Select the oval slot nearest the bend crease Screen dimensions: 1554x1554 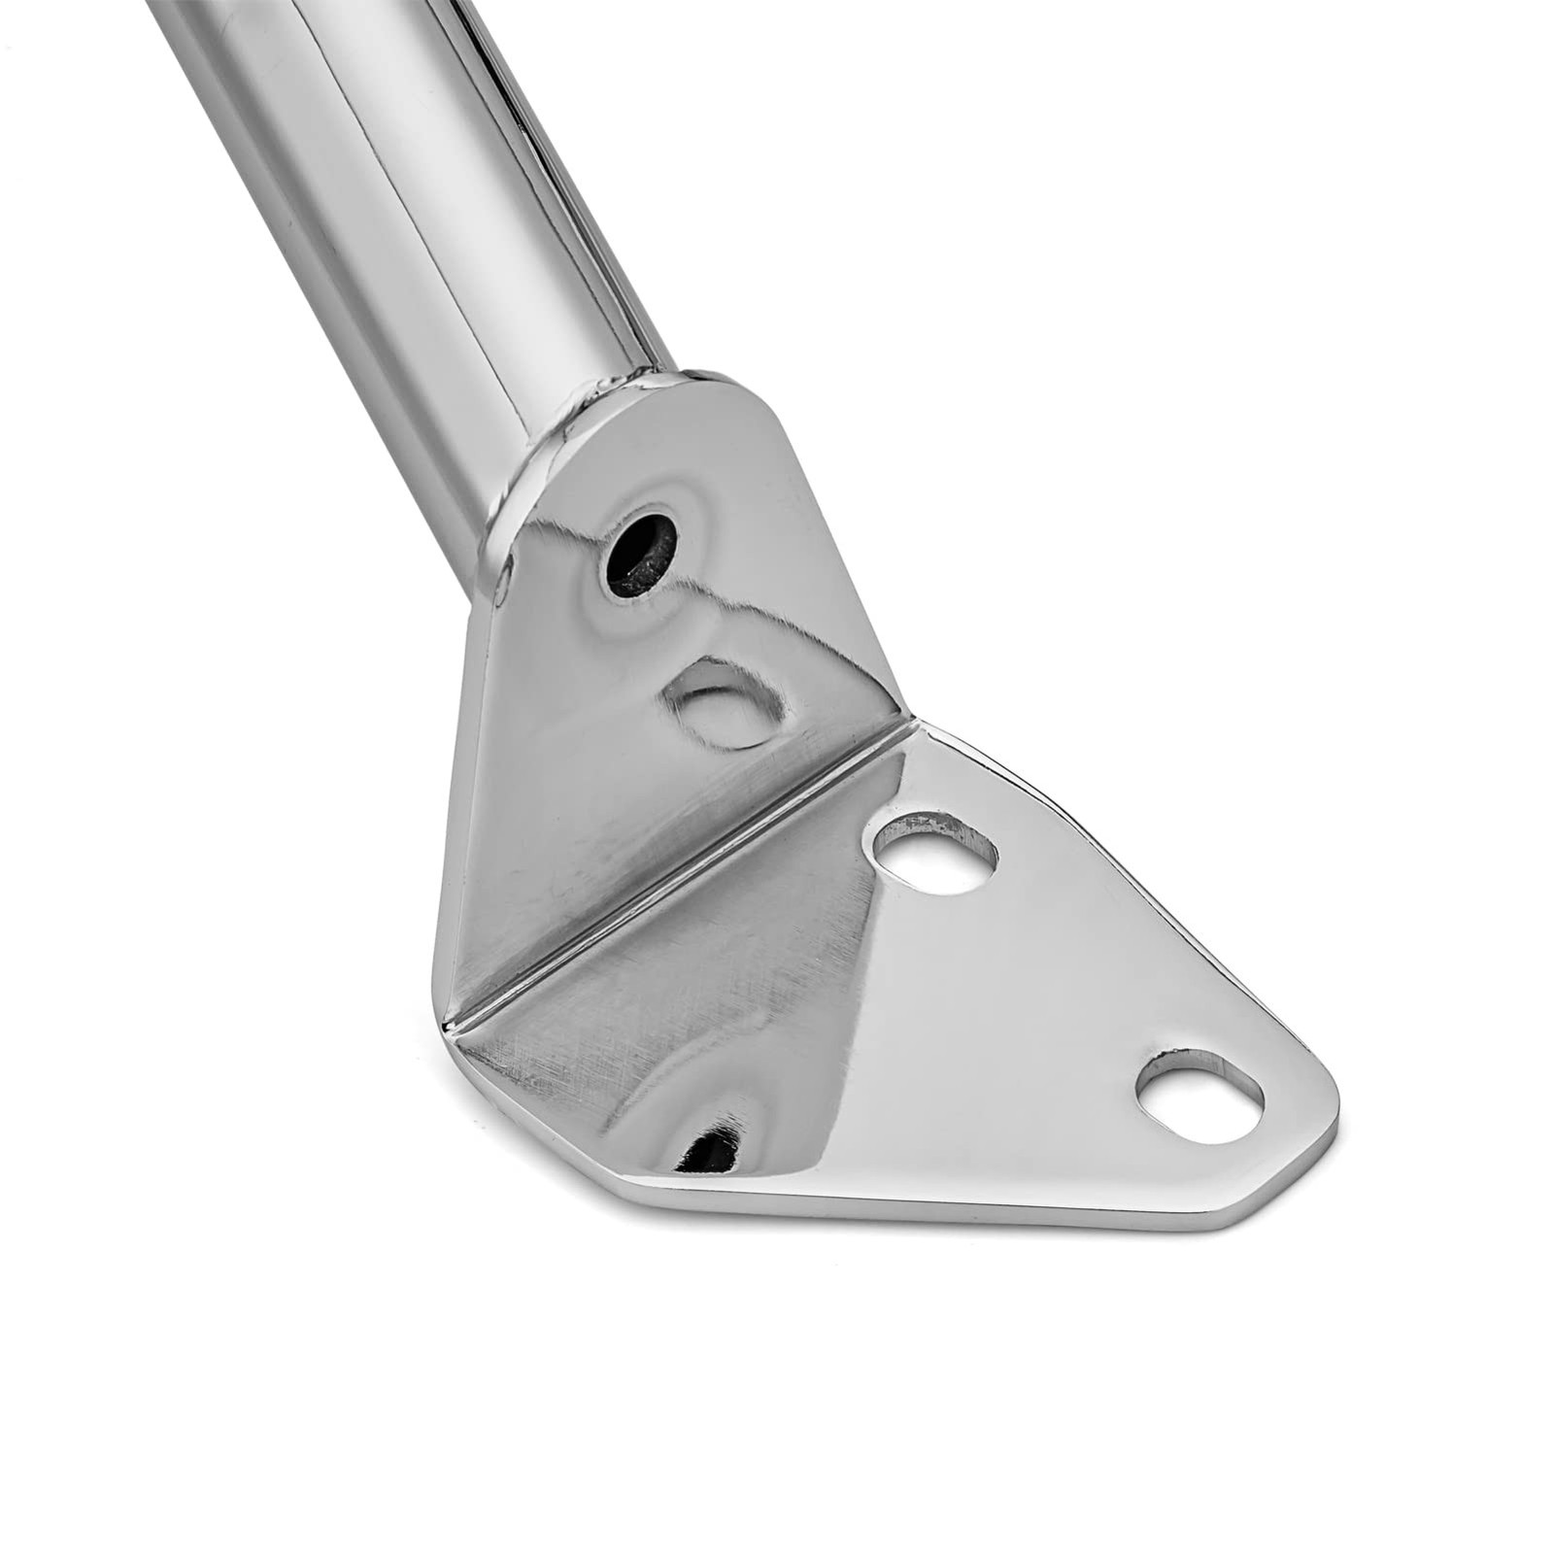[x=935, y=853]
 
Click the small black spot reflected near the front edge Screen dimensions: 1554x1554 [x=712, y=1151]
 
